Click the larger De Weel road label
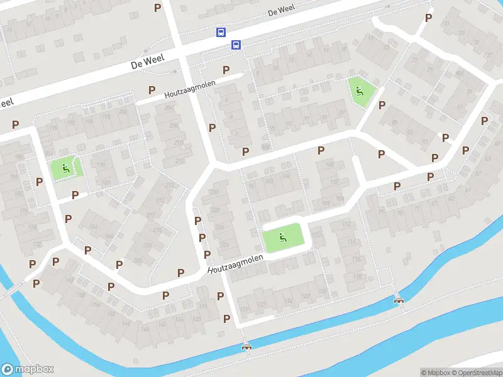click(147, 62)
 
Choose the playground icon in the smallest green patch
click(66, 168)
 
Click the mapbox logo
click(27, 369)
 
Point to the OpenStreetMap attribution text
click(475, 373)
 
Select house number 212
click(180, 161)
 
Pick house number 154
click(96, 305)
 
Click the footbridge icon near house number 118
click(397, 300)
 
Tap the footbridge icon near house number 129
click(246, 346)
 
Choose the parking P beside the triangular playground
click(381, 105)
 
